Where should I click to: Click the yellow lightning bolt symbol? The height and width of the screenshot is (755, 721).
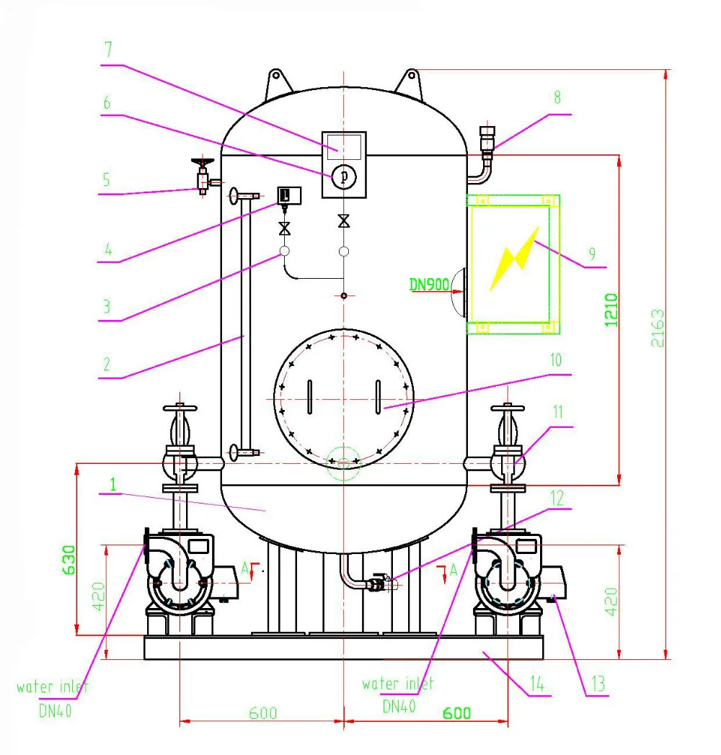514,259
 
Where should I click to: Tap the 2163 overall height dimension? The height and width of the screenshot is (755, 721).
657,329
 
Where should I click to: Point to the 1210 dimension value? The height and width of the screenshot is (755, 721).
611,309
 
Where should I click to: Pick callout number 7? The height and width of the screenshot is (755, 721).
108,51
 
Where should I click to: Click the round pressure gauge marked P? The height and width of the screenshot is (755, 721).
343,176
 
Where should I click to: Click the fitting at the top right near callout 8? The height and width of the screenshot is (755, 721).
488,140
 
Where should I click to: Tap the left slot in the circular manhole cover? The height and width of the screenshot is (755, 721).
309,397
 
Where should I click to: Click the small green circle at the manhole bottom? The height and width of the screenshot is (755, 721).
343,461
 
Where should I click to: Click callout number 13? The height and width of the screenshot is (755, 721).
598,683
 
